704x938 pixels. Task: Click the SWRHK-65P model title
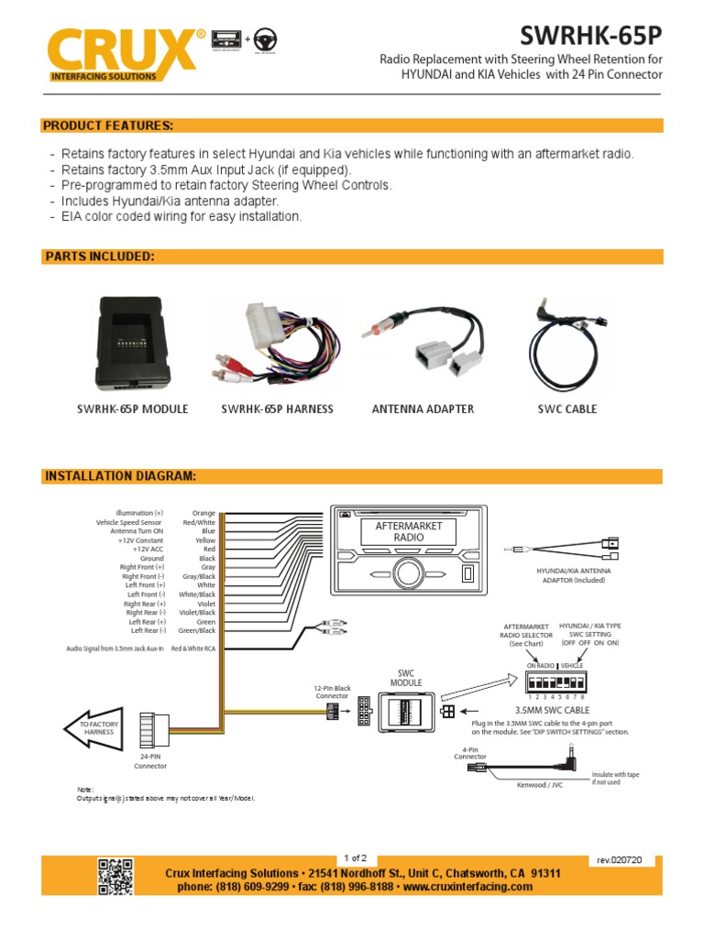point(590,36)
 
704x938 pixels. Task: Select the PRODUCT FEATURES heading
point(109,125)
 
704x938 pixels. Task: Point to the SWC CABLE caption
point(566,409)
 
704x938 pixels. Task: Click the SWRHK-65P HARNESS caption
point(277,409)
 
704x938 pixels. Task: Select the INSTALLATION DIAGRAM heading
point(120,476)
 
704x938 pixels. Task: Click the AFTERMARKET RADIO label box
point(409,531)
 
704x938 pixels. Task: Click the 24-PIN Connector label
point(152,761)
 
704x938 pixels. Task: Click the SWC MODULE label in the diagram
point(406,678)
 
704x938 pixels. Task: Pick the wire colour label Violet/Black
point(198,613)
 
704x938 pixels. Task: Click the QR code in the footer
point(115,876)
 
